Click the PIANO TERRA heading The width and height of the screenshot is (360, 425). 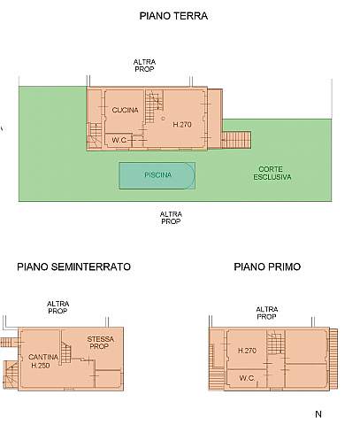click(180, 16)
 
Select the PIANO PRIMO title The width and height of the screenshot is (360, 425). click(266, 266)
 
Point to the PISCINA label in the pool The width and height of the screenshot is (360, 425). click(157, 175)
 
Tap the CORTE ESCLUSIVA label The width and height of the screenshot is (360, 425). click(272, 173)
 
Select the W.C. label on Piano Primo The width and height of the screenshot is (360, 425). click(249, 377)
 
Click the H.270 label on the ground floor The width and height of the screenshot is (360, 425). click(181, 124)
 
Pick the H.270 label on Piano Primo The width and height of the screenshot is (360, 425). click(247, 352)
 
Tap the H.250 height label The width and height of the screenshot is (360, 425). click(40, 365)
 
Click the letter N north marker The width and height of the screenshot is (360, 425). click(318, 413)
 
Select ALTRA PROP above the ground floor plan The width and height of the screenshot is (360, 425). click(144, 66)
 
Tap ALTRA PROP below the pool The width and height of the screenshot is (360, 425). click(171, 217)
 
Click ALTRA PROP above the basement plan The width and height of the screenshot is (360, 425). click(57, 307)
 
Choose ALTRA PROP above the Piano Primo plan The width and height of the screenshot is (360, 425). click(266, 313)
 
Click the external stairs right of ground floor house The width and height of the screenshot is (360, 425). click(236, 139)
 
